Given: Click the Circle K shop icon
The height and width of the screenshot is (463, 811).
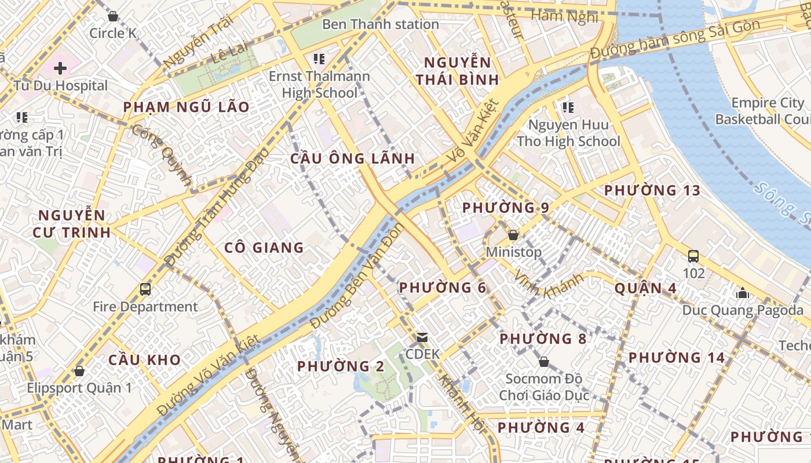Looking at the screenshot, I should pyautogui.click(x=113, y=16).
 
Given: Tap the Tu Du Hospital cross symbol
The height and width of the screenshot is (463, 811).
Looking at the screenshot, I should pyautogui.click(x=60, y=69).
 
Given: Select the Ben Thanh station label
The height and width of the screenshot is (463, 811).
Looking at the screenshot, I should pyautogui.click(x=380, y=24).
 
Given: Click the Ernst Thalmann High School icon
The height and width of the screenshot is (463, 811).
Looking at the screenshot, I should pyautogui.click(x=319, y=58).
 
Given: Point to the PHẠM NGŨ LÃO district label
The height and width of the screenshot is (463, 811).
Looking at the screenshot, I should pyautogui.click(x=186, y=107).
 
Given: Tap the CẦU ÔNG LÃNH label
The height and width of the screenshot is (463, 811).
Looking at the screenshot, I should pyautogui.click(x=352, y=159).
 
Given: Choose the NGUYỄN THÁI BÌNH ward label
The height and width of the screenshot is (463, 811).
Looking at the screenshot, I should pyautogui.click(x=457, y=71).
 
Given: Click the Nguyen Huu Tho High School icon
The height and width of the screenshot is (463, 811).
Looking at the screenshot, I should pyautogui.click(x=568, y=107).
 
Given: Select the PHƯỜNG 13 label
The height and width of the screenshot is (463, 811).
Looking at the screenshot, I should pyautogui.click(x=652, y=190).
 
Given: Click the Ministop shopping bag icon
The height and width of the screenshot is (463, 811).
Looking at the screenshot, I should pyautogui.click(x=513, y=235).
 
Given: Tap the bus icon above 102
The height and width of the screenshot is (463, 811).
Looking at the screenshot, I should pyautogui.click(x=693, y=256).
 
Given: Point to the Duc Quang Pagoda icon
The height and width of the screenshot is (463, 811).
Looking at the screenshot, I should pyautogui.click(x=742, y=293).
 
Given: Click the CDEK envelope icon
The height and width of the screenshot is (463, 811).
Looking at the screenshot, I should pyautogui.click(x=422, y=337).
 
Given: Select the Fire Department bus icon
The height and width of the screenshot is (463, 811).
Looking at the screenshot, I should pyautogui.click(x=145, y=289).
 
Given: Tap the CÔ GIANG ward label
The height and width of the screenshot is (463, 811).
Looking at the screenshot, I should pyautogui.click(x=264, y=248).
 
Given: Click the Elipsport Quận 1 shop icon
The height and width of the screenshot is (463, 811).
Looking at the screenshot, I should pyautogui.click(x=79, y=370).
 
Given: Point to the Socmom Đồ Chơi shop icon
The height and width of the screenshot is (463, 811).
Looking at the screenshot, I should pyautogui.click(x=543, y=362).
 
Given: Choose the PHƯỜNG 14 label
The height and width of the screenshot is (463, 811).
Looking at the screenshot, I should pyautogui.click(x=677, y=358).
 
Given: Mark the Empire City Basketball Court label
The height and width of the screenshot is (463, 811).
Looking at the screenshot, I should pyautogui.click(x=762, y=111).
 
